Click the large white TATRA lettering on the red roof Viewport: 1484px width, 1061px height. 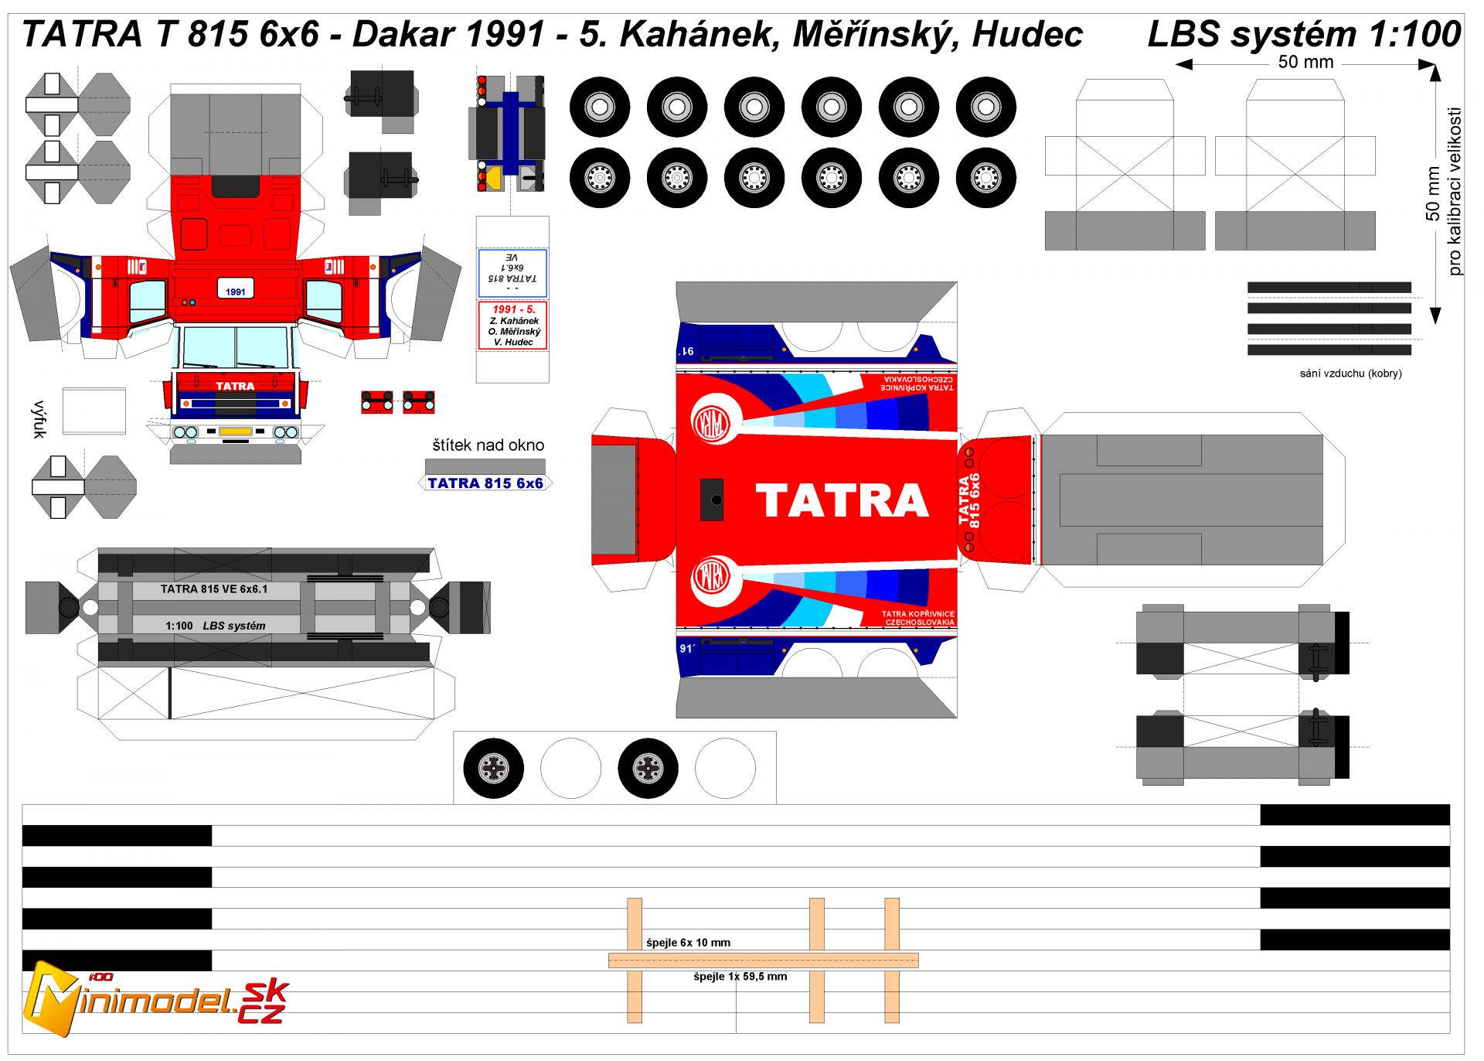pos(842,500)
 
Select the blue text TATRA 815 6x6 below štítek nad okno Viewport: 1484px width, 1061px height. pos(485,483)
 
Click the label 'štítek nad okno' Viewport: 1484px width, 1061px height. pos(488,445)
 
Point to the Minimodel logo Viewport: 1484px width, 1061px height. pos(155,999)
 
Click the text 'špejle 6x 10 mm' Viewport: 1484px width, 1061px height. pos(688,943)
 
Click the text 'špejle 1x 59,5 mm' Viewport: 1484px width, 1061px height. pos(740,977)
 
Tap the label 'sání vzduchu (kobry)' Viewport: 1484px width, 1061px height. pos(1350,374)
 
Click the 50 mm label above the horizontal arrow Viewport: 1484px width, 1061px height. pos(1305,63)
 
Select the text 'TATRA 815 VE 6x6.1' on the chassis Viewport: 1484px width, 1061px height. pos(214,589)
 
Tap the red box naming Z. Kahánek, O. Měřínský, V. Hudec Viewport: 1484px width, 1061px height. pos(512,326)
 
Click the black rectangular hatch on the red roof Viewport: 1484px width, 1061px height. pos(711,500)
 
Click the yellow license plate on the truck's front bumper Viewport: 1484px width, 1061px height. pos(235,432)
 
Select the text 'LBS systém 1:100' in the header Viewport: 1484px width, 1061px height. pos(1304,34)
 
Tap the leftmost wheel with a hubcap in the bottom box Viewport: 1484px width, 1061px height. pos(493,768)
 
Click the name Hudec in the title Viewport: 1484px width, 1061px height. pos(1027,34)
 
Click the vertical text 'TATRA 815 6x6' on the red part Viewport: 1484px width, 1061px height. pos(968,500)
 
